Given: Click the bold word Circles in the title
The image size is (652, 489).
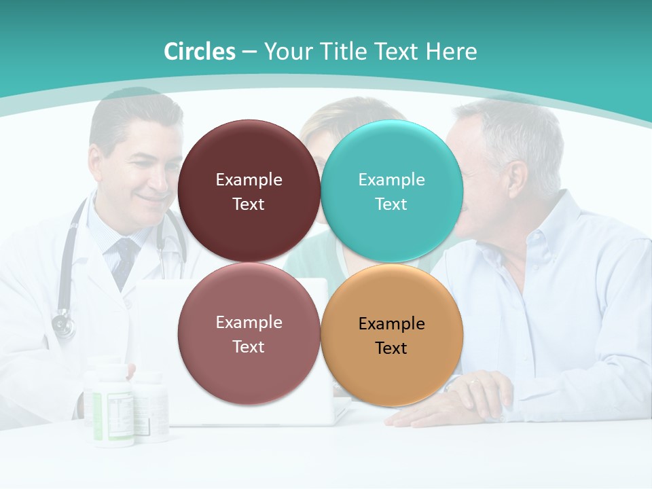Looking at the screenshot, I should (x=199, y=52).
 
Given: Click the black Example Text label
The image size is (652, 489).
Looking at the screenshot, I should (x=392, y=336).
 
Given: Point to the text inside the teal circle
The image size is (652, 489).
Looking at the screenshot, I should (x=392, y=192).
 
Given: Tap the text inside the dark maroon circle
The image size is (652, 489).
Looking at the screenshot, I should (x=249, y=192).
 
